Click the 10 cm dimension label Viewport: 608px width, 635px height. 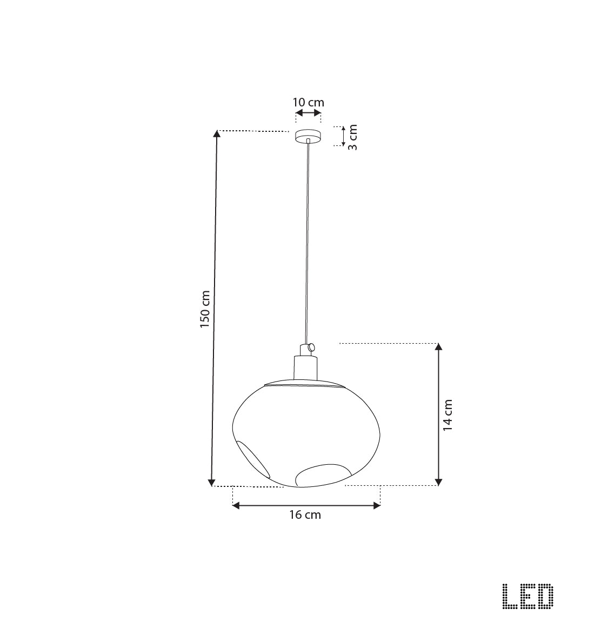coord(308,102)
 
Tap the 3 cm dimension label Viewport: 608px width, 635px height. coord(352,137)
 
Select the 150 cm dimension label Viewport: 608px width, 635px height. coord(205,310)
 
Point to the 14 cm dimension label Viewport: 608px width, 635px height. coord(447,415)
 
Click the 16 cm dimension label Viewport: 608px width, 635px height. coord(305,515)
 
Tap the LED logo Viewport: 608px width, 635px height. coord(527,597)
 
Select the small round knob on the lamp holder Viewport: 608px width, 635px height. coord(310,349)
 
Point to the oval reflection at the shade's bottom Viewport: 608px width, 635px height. coord(321,474)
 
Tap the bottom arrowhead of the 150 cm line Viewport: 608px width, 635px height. coord(212,482)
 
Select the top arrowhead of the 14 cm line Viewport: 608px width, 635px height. coord(439,347)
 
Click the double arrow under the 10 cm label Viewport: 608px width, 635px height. coord(308,113)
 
